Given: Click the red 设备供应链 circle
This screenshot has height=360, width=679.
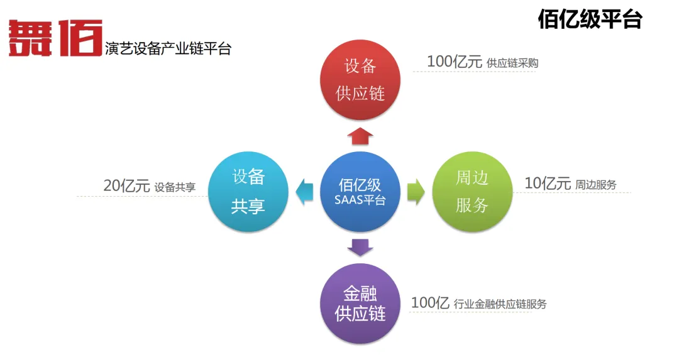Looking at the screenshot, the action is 360,79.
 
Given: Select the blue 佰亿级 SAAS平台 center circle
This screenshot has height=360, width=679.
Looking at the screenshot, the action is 360,192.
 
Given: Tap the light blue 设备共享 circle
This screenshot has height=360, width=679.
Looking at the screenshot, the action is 248,192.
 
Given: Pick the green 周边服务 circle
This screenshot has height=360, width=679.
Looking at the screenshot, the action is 472,192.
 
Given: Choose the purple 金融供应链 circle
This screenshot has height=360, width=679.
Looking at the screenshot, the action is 360,303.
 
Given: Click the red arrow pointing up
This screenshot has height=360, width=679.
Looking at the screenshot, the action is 360,134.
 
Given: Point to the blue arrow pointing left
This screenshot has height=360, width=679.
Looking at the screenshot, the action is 305,192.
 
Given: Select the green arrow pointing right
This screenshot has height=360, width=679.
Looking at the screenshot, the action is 416,192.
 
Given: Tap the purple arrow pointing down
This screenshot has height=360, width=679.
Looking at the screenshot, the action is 360,247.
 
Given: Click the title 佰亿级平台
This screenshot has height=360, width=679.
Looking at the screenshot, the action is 589,19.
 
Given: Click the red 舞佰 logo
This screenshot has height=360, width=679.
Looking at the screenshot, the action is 55,38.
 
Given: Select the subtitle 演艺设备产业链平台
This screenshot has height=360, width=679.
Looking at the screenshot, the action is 168,48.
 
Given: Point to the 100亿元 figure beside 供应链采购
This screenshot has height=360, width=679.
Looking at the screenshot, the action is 454,62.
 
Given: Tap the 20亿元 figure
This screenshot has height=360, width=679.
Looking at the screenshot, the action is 126,186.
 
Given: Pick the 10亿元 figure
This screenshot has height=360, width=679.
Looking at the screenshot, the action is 548,183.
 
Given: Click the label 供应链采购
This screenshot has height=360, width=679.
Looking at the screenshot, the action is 512,63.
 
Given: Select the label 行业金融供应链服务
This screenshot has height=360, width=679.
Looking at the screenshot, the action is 500,304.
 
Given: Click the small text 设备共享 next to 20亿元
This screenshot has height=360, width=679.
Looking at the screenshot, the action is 175,187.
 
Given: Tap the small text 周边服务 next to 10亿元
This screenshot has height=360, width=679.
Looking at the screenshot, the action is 596,185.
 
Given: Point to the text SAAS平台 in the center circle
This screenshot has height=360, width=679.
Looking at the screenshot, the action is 360,200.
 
